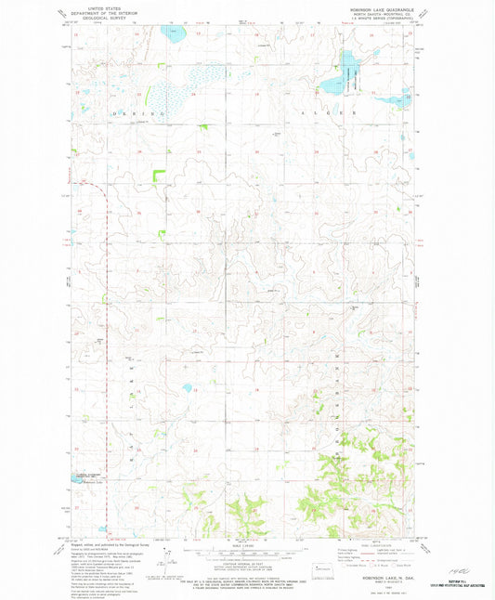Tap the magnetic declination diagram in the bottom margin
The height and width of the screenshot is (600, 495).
point(169,560)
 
